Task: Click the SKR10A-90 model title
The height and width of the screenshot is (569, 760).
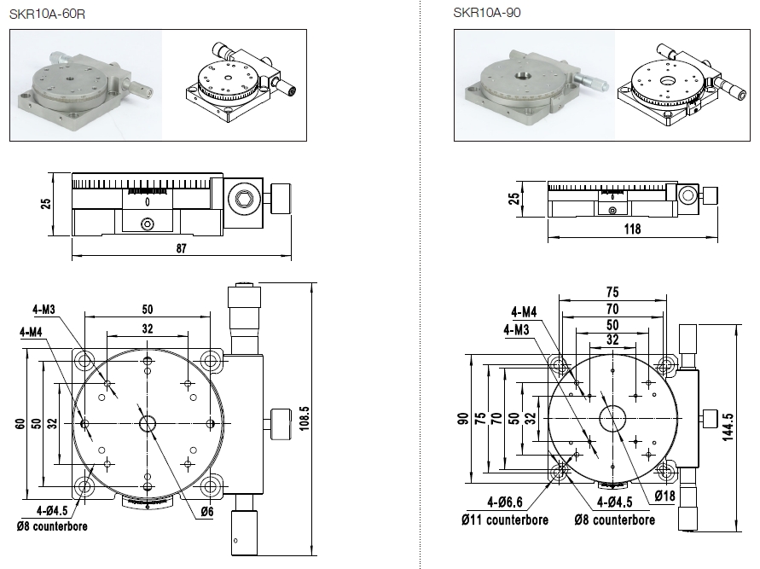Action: (x=487, y=12)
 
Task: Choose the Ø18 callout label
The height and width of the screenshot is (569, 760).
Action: (x=665, y=496)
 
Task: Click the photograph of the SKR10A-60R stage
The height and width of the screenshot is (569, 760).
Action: (x=86, y=84)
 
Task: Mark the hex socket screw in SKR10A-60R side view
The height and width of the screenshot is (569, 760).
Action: (x=244, y=200)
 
